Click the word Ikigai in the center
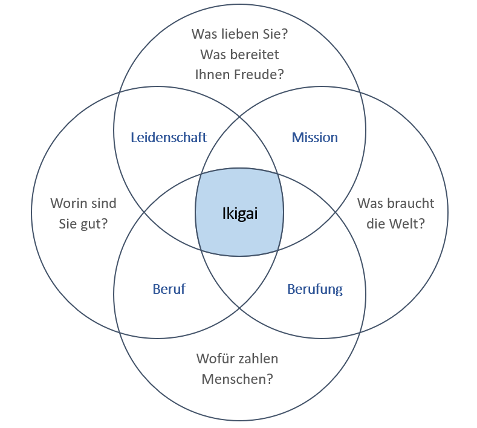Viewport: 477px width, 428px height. click(239, 213)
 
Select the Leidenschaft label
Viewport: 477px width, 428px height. click(169, 137)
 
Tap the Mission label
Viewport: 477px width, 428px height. click(314, 137)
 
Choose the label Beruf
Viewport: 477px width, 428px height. click(169, 289)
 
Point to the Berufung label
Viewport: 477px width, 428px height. click(314, 289)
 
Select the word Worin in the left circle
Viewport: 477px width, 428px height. click(68, 203)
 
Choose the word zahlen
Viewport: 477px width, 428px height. click(258, 358)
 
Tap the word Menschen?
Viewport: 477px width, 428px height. click(237, 379)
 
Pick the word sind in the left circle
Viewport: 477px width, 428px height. click(103, 203)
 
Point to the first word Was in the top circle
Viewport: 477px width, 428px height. click(203, 34)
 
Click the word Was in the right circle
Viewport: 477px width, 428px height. click(370, 203)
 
